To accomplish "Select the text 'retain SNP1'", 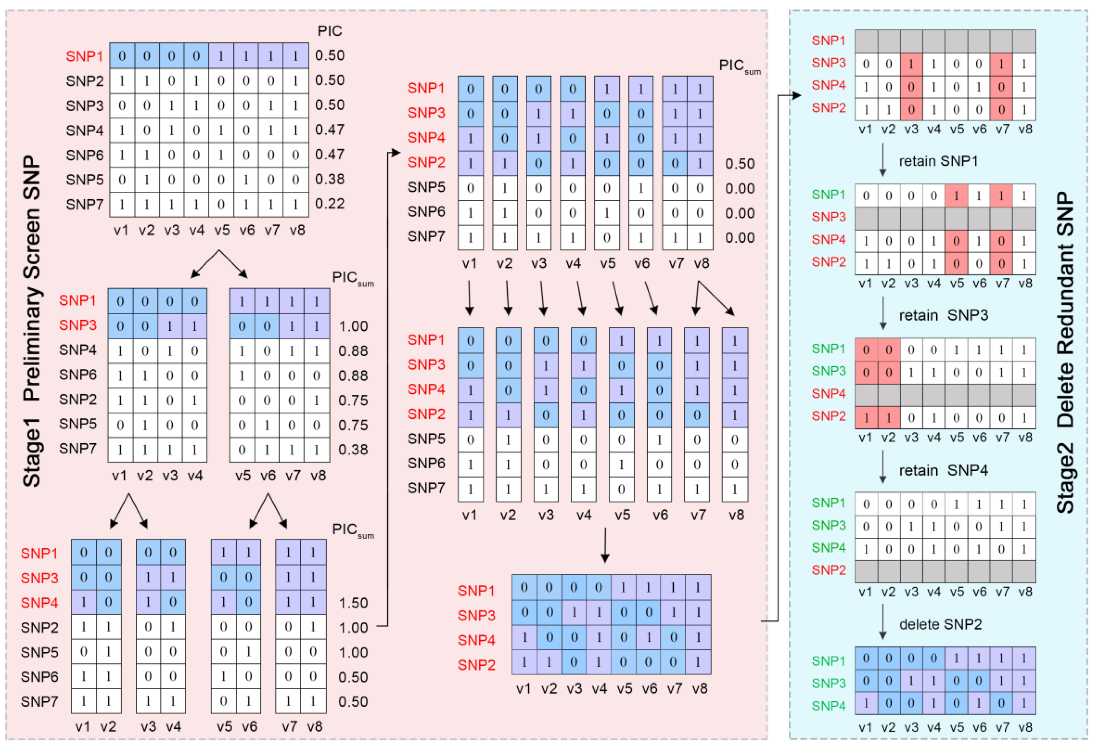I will tap(938, 161).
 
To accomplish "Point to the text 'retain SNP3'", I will tap(943, 315).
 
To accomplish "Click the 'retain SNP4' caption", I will tap(943, 470).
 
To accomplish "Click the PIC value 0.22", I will tap(330, 204).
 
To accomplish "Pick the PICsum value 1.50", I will tap(353, 603).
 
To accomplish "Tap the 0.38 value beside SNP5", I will tap(330, 179).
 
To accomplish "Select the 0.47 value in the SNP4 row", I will tap(330, 129).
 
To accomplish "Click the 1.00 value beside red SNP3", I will tap(353, 326).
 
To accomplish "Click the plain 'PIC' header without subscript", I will tap(330, 31).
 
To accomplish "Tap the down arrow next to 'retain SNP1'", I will tap(883, 160).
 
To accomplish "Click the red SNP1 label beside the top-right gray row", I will tap(828, 41).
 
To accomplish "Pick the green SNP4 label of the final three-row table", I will tap(828, 706).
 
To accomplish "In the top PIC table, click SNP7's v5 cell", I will tap(221, 205).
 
